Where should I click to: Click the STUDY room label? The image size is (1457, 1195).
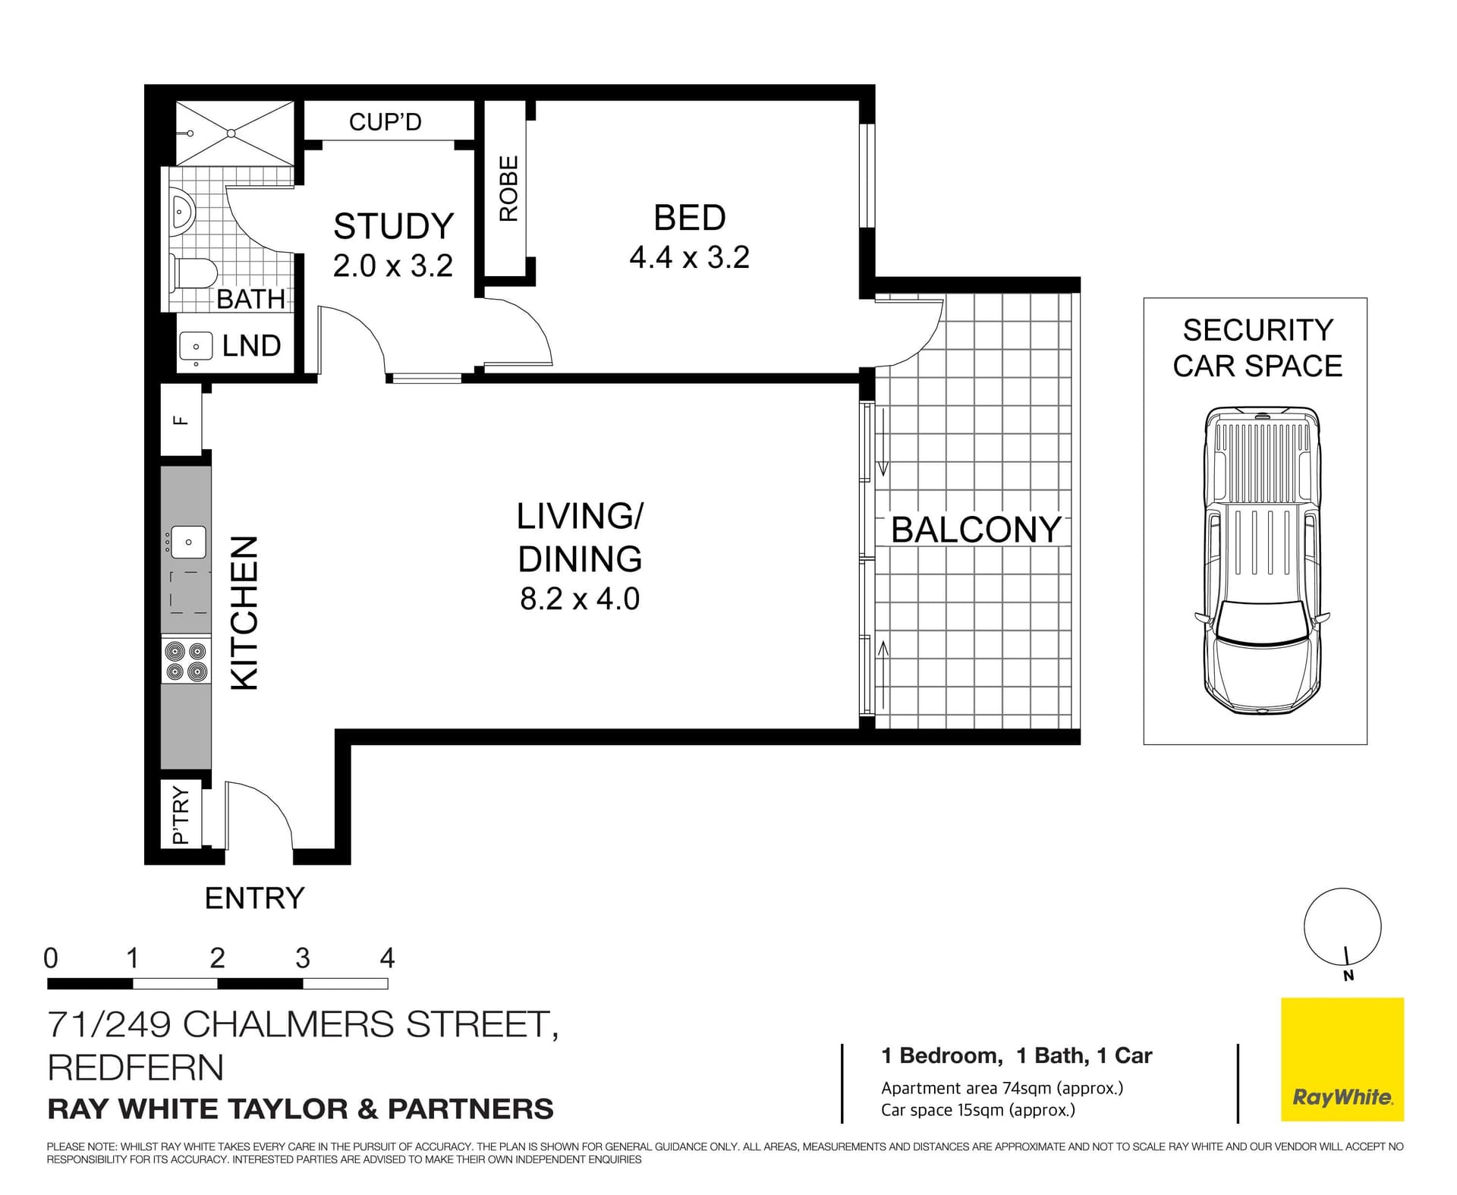coord(393,226)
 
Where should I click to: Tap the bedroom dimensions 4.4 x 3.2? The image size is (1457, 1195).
coord(689,258)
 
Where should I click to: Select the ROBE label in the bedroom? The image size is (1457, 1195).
coord(508,188)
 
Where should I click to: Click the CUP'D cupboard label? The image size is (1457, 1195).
coord(385,121)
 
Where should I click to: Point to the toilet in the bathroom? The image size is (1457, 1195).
coord(194,273)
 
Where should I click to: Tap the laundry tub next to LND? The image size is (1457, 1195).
coord(196,347)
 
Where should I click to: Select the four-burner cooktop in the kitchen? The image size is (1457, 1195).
coord(186,661)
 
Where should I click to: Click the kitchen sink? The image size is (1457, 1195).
coord(187,542)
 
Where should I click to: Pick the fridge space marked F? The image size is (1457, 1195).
coord(181,420)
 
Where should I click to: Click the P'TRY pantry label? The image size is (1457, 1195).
coord(181,815)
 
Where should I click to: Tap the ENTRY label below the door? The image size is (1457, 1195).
coord(254,898)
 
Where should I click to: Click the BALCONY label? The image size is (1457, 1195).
coord(976,530)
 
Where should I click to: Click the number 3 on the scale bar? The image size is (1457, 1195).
coord(303,958)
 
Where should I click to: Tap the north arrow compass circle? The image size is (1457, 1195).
coord(1342,926)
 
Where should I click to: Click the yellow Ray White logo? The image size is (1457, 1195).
coord(1342,1059)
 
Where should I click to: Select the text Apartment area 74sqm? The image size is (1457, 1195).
coord(1001,1088)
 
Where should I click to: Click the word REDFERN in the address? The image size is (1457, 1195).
coord(136,1068)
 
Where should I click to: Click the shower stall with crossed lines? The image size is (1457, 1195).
coord(234,133)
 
